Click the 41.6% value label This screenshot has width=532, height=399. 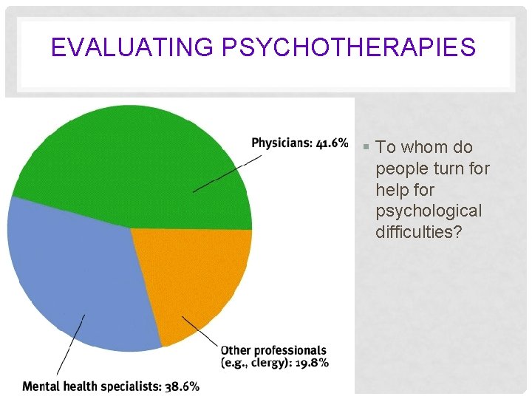point(332,143)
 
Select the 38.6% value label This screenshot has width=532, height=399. point(181,386)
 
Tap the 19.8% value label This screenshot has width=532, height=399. point(313,362)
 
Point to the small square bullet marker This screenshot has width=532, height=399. point(367,148)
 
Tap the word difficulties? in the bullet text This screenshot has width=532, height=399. point(418,233)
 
